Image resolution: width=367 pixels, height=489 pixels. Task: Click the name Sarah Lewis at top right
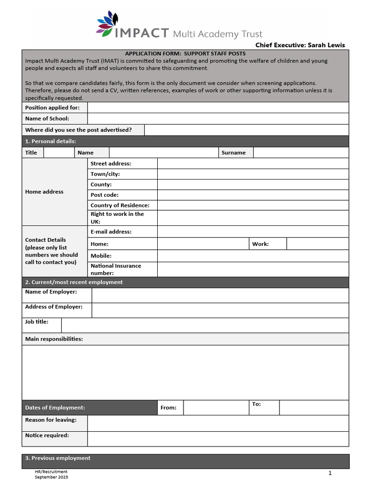(x=326, y=45)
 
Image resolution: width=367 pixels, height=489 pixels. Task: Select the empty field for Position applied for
(x=218, y=108)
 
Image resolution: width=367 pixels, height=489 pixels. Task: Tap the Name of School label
(x=47, y=118)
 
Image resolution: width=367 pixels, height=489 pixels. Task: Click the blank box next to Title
(x=59, y=153)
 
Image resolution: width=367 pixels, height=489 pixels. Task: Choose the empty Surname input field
(x=301, y=153)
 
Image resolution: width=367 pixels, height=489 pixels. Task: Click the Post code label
(x=105, y=195)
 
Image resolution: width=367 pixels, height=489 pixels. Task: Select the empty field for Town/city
(x=253, y=174)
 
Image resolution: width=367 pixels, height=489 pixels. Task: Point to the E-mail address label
(x=111, y=232)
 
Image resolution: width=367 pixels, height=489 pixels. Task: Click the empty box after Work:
(x=317, y=244)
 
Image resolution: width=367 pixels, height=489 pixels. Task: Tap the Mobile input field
(x=253, y=256)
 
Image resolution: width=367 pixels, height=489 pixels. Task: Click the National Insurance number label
(x=116, y=269)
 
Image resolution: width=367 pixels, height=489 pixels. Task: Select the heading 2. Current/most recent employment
(x=74, y=282)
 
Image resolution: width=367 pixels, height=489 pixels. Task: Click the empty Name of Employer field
(x=220, y=295)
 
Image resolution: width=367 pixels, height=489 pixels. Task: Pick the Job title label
(x=37, y=322)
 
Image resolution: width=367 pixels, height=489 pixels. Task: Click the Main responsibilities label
(x=54, y=339)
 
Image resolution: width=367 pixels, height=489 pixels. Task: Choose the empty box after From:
(x=215, y=408)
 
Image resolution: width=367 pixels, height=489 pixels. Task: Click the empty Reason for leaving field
(x=218, y=423)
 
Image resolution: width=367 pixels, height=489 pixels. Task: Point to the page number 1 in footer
(x=330, y=473)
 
